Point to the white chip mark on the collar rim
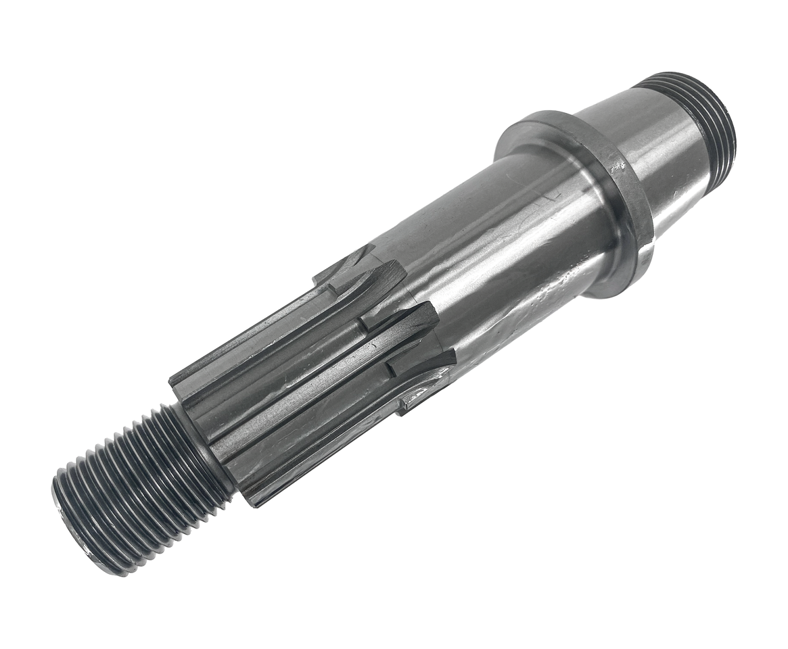point(617,166)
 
